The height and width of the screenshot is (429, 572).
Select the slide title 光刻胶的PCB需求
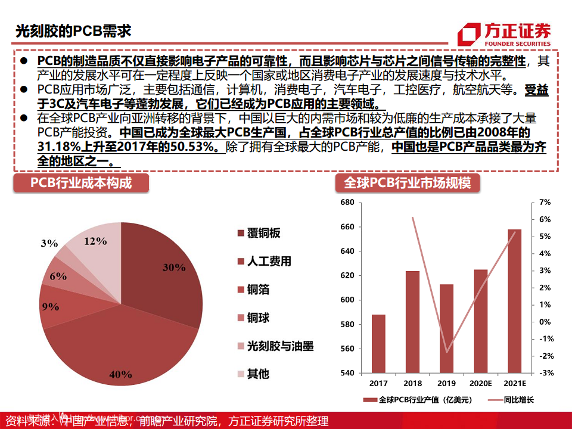[x=73, y=30]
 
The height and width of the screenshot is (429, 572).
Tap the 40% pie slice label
[x=120, y=374]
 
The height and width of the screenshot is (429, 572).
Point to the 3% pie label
[x=49, y=243]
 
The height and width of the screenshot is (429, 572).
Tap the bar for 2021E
[x=514, y=301]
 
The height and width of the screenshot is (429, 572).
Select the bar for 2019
[x=446, y=328]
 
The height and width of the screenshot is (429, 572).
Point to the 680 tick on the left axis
[x=347, y=203]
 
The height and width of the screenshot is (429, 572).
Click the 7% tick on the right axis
[x=545, y=203]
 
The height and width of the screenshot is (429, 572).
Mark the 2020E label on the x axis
[x=480, y=383]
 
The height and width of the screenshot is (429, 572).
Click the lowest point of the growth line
[x=447, y=352]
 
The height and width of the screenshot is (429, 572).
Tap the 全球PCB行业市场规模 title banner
[x=408, y=183]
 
